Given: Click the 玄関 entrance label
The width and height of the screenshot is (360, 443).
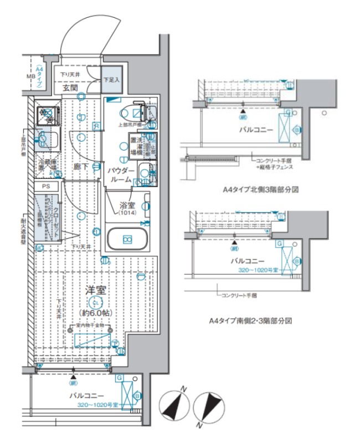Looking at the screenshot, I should tap(70, 87).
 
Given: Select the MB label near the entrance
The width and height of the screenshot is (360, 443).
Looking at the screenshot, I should tap(30, 77).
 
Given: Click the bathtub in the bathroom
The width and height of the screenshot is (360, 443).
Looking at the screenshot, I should tap(128, 239).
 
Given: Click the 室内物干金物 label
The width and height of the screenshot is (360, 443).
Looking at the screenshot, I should tap(92, 326).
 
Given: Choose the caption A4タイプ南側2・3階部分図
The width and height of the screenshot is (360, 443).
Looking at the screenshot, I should tap(250, 321).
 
